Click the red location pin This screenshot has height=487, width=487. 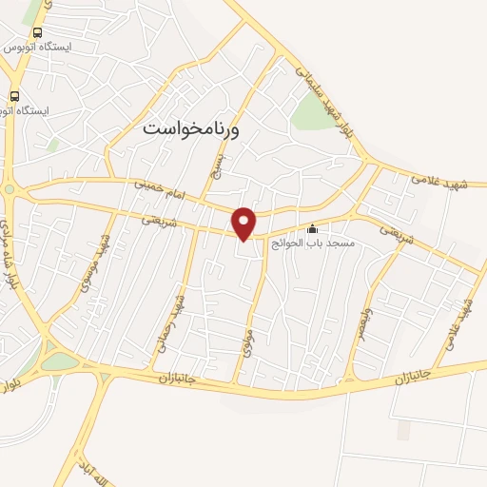[245, 223]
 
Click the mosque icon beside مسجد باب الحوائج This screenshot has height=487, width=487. [313, 229]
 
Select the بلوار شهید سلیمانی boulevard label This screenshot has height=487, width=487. [329, 103]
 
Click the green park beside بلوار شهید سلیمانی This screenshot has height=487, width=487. [312, 112]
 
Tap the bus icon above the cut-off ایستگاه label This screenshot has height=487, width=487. [13, 96]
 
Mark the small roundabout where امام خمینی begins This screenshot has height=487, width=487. [10, 188]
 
